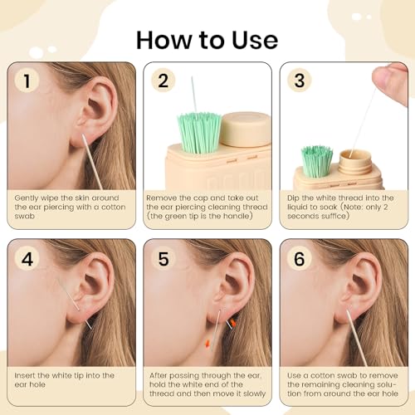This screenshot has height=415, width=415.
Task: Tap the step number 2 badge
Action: [x=163, y=82]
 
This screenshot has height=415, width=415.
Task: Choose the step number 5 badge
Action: [x=163, y=259]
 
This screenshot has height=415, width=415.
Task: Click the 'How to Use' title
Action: [x=207, y=39]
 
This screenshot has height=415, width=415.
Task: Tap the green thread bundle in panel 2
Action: [x=197, y=129]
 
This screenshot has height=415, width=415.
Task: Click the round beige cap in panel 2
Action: [x=247, y=129]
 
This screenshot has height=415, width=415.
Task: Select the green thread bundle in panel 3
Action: [x=316, y=159]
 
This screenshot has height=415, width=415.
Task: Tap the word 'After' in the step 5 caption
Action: [x=161, y=376]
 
